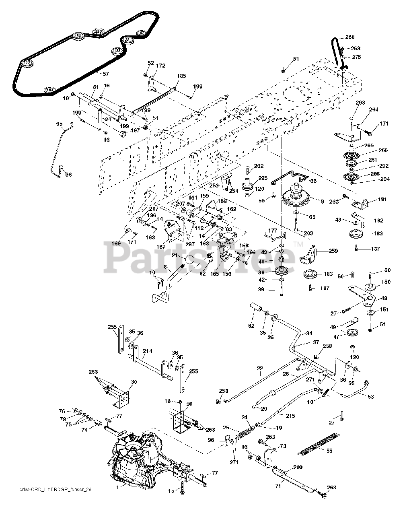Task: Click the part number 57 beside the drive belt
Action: pyautogui.click(x=106, y=74)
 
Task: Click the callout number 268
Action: pyautogui.click(x=350, y=37)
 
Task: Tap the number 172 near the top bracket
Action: pyautogui.click(x=160, y=66)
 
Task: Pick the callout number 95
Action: pyautogui.click(x=60, y=124)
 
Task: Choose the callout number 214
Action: pyautogui.click(x=147, y=351)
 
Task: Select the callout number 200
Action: pyautogui.click(x=298, y=468)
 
